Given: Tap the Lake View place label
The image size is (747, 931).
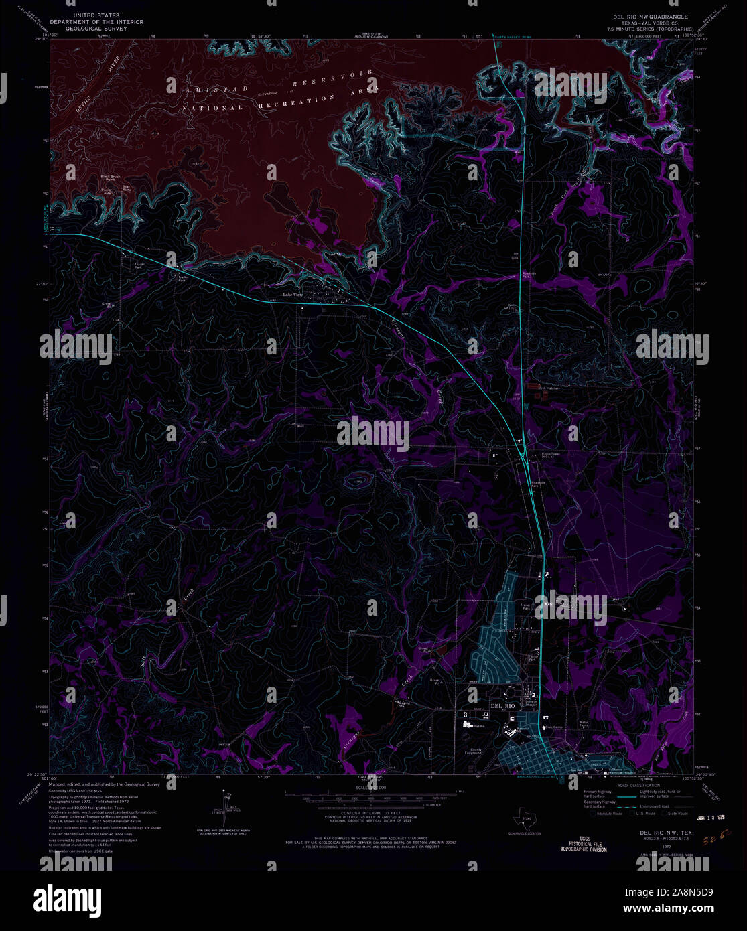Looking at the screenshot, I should (293, 295).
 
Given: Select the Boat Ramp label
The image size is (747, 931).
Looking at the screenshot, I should (127, 188).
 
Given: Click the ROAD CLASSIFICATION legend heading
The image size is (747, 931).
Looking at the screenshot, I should (638, 785).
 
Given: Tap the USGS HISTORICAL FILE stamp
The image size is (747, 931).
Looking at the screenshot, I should (584, 843).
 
